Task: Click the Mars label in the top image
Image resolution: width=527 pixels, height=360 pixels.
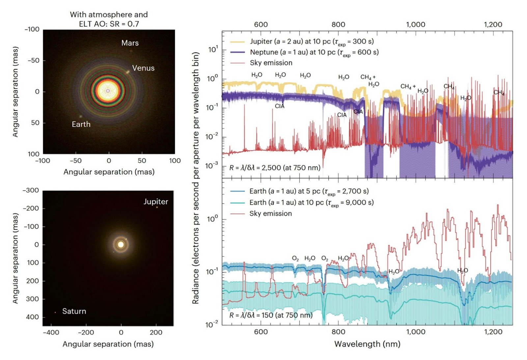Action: (130, 43)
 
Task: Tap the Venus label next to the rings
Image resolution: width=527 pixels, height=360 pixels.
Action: (143, 68)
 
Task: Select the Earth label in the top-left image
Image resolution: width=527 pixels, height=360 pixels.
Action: (81, 124)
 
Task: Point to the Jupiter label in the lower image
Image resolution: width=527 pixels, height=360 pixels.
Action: (155, 202)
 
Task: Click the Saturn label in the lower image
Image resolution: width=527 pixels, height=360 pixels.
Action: (74, 311)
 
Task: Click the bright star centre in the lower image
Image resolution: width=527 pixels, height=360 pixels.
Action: (121, 244)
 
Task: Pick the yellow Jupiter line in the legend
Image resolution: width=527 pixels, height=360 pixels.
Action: (237, 42)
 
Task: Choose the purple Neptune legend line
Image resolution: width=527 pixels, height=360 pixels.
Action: (237, 52)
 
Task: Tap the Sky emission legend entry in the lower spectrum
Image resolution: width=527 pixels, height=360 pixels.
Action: (270, 214)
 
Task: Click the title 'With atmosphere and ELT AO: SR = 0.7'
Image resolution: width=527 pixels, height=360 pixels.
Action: (109, 19)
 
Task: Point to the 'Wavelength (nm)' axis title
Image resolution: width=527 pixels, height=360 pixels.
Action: (367, 344)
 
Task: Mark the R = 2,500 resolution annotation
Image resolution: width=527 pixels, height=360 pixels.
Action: (275, 168)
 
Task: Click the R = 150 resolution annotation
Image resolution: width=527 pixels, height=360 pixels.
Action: (271, 315)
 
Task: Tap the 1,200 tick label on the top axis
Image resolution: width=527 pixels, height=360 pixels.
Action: (493, 25)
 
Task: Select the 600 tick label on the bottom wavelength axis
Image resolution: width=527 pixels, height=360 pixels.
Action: (261, 332)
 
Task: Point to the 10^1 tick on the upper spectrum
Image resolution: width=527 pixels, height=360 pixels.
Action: (213, 49)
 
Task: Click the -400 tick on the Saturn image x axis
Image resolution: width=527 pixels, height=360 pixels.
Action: (51, 333)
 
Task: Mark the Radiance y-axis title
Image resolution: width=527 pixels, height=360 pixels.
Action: (196, 178)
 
